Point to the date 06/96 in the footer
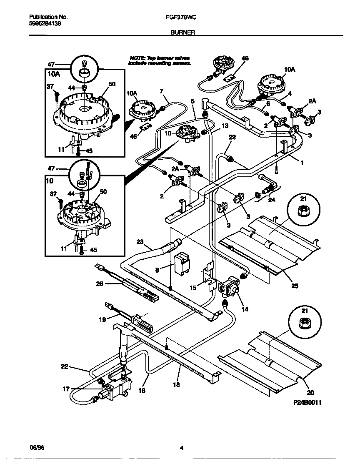coord(36,448)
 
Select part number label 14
coord(245,310)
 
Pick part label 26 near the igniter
coord(100,284)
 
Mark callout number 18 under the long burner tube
coord(176,385)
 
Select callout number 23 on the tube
coord(140,241)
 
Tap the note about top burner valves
coord(160,60)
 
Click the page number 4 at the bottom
coord(181,448)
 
